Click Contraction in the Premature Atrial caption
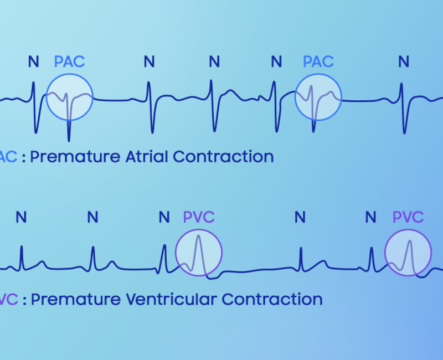tap(223, 156)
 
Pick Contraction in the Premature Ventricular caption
tap(272, 300)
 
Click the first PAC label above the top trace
tap(69, 61)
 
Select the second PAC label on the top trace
tap(318, 61)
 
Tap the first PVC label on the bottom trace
tap(199, 217)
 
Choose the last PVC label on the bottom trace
tap(408, 217)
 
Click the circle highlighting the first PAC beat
tap(69, 97)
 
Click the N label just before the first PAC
tap(34, 61)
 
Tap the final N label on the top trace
tap(404, 61)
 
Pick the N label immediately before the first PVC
tap(164, 217)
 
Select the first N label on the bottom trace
tap(21, 217)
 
